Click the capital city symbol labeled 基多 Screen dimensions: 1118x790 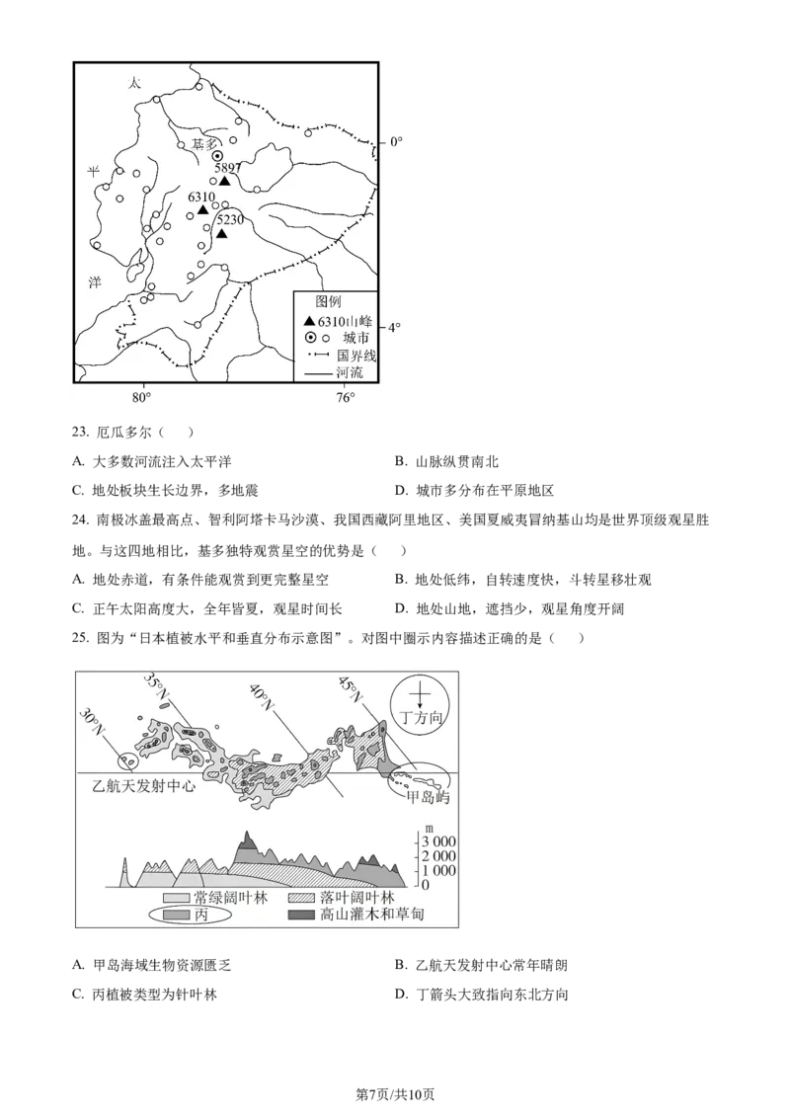[217, 156]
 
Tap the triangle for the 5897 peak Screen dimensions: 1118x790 [225, 181]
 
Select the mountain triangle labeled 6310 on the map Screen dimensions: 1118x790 [202, 210]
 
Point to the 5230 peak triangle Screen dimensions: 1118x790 [223, 234]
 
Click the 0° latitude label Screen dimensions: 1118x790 [395, 142]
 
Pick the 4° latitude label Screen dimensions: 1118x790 [395, 328]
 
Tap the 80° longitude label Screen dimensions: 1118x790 [141, 398]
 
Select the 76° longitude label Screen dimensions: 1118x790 [345, 398]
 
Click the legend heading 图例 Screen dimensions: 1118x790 [328, 301]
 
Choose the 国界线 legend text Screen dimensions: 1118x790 [356, 356]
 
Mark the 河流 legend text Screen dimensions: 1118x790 [350, 373]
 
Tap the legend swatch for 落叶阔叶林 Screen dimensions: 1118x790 [301, 898]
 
